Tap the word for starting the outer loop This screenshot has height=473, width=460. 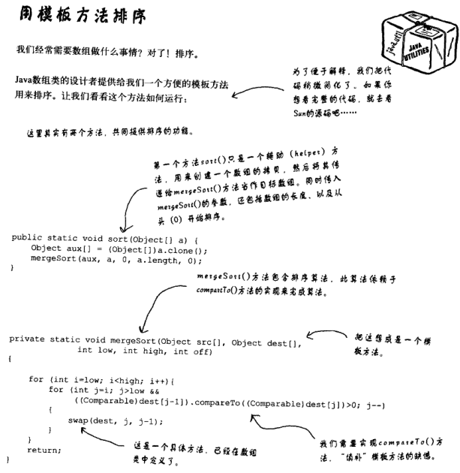35,379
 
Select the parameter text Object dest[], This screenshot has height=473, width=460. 265,339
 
